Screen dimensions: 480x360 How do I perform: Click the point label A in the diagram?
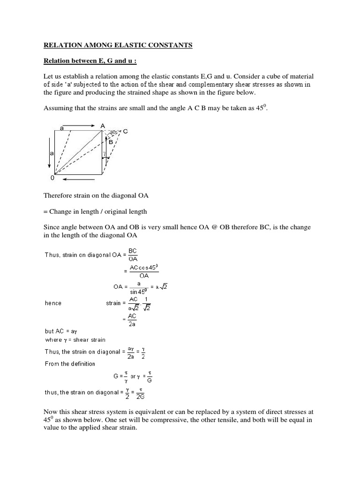point(102,126)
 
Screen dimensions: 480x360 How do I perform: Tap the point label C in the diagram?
point(125,132)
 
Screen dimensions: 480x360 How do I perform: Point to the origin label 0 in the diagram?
point(52,179)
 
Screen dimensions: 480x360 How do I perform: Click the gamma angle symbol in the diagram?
point(105,153)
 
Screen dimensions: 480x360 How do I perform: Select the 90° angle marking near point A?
point(113,133)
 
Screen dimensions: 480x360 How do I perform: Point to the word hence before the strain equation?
point(53,303)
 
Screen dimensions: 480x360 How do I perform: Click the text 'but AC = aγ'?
point(60,330)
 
